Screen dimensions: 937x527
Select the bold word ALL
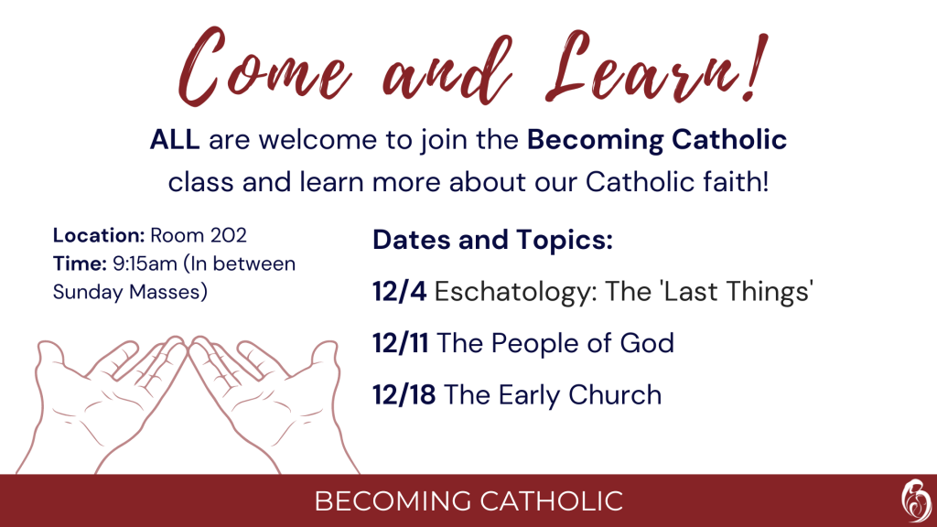175,140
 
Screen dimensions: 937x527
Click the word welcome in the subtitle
318,140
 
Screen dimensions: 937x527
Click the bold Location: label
99,235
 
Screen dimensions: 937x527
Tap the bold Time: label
80,263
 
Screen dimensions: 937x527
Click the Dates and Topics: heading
493,241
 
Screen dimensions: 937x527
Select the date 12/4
400,292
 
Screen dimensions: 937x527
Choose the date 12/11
401,344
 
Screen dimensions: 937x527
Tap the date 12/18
404,395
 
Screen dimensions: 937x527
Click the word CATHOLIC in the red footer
552,501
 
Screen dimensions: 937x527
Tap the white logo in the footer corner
915,500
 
